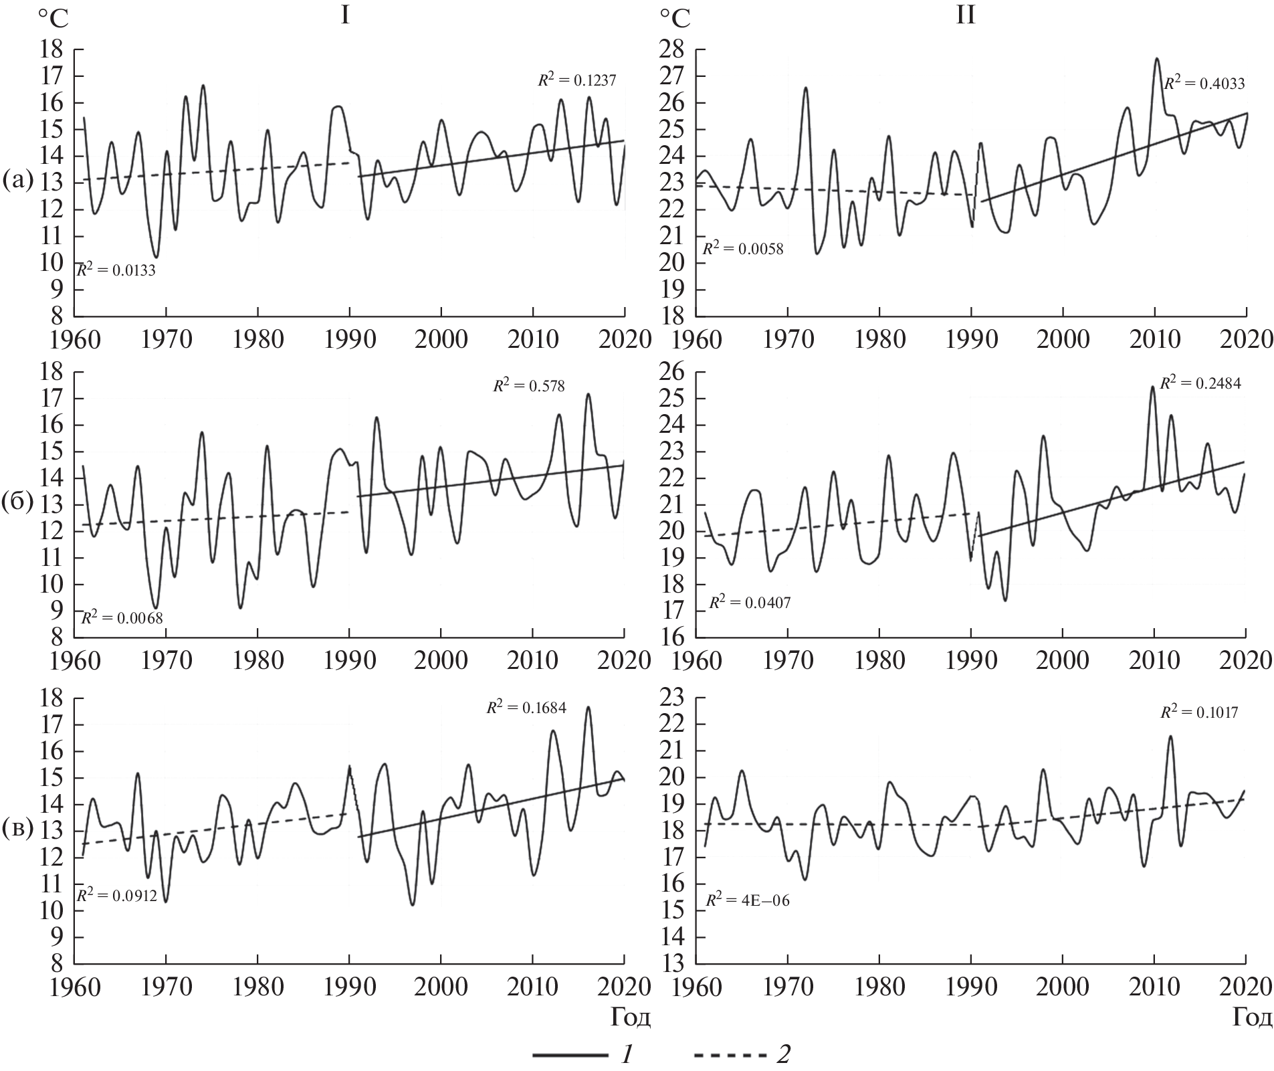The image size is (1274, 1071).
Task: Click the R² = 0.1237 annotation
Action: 576,80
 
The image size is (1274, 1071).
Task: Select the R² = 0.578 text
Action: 529,385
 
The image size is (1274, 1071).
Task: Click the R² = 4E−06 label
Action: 748,900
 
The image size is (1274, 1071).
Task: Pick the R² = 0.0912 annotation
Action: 116,895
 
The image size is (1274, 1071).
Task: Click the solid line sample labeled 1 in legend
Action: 570,1055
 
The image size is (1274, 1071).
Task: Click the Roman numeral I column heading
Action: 344,15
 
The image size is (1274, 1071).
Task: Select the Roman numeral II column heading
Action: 965,15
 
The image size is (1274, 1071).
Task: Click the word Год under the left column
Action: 630,1017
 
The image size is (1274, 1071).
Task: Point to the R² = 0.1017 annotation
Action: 1198,712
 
